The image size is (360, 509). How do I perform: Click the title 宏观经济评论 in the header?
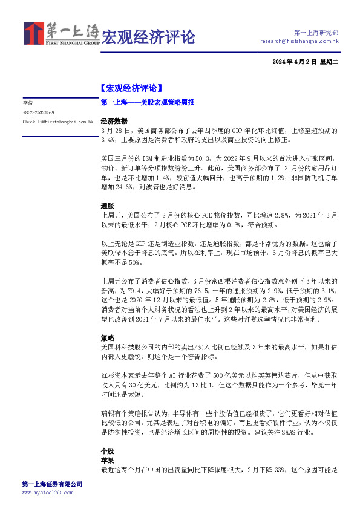click(x=148, y=37)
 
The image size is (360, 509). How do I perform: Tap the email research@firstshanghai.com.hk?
click(x=299, y=41)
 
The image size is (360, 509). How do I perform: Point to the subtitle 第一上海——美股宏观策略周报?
click(x=147, y=103)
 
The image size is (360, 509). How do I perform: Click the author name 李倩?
click(x=28, y=103)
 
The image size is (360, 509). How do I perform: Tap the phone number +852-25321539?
click(x=39, y=112)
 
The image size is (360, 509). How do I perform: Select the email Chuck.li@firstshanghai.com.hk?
click(x=58, y=122)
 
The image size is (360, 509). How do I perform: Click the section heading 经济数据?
click(x=113, y=120)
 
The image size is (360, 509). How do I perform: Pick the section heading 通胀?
click(x=106, y=206)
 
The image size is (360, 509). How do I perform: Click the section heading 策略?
click(x=106, y=337)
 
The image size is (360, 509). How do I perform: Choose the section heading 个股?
click(x=106, y=451)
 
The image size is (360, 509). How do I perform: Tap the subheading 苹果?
click(x=106, y=460)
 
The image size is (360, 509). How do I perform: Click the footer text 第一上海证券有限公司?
click(x=52, y=484)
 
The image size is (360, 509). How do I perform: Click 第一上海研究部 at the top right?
click(x=316, y=31)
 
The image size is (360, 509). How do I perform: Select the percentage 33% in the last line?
click(x=277, y=469)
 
